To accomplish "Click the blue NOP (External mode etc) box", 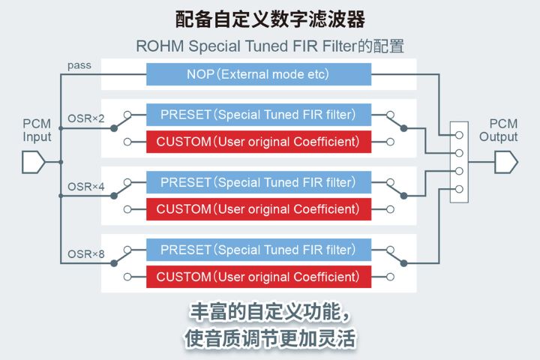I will coord(258,74).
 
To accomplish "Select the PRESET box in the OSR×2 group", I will coord(258,115).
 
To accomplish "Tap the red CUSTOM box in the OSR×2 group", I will coord(258,141).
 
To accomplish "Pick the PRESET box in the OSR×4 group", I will coord(258,182).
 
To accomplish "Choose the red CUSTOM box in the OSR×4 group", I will coord(258,208).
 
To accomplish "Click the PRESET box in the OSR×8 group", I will coord(258,250).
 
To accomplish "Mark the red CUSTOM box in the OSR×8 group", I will coord(258,277).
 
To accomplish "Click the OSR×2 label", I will coord(83,118).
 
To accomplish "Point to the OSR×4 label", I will coord(83,185).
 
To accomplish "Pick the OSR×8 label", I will coord(83,253).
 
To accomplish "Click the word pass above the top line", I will coord(79,65).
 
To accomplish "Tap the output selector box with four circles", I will coord(458,162).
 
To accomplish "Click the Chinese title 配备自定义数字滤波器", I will coord(270,18).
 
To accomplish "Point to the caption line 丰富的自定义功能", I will coord(270,311).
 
